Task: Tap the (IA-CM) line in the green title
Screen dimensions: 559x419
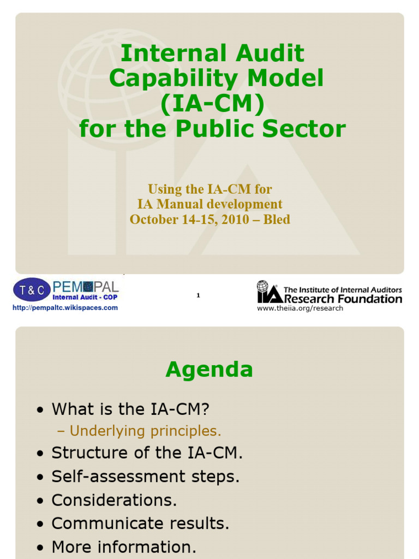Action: coord(212,104)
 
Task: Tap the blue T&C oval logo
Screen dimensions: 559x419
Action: coord(32,290)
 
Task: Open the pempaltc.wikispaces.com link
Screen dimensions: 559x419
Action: coord(65,308)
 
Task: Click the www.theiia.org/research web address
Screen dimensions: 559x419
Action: coord(300,308)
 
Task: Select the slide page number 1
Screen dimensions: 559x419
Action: coord(199,295)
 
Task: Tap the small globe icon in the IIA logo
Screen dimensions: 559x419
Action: coord(263,286)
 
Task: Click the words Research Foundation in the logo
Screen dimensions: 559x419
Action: coord(343,299)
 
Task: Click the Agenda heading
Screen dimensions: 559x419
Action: coord(209,370)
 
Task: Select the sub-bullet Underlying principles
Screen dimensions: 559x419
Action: coord(145,431)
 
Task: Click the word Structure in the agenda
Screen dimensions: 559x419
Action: coord(90,453)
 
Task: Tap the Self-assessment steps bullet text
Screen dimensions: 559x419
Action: coord(146,477)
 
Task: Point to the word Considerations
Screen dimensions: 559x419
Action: coord(114,500)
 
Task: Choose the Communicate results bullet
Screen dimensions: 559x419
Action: coord(140,524)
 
